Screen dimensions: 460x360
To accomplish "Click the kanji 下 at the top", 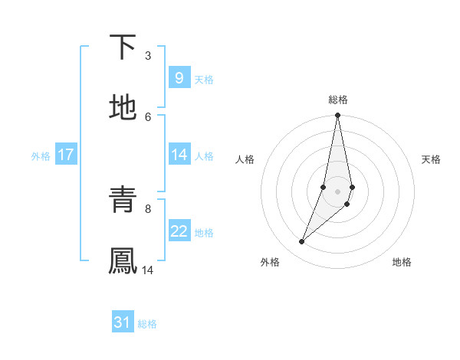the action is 123,48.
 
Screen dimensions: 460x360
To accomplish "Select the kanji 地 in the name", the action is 123,108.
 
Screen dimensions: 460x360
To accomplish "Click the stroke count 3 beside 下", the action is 148,56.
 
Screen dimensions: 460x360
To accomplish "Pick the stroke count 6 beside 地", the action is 148,116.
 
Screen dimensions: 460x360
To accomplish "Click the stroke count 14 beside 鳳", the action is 148,270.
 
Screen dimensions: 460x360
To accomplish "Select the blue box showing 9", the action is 179,78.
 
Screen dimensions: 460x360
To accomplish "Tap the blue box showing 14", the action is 179,155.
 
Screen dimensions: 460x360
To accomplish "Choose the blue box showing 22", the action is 179,231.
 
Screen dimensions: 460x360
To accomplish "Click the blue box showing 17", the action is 65,155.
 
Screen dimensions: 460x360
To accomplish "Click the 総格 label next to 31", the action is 147,324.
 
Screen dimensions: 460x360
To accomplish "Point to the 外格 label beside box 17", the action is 41,156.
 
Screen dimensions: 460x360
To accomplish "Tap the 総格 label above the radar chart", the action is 338,100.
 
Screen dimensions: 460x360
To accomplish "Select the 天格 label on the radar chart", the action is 432,159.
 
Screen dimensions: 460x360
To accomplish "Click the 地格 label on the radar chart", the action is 402,262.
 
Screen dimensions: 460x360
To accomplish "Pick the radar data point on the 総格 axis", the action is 337,116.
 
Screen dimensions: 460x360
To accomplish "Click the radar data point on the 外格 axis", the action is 301,242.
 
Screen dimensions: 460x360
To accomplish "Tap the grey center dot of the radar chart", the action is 337,191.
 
